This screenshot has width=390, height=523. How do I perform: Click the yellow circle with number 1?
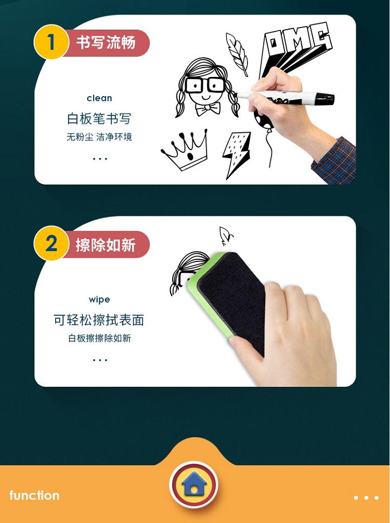point(51,42)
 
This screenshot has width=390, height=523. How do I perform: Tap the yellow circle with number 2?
point(51,243)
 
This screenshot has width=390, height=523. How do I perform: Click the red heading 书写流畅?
point(106,43)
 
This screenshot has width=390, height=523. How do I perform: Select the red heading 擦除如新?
point(106,245)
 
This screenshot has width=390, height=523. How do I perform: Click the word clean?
point(99,98)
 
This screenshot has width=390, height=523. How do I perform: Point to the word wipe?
point(99,299)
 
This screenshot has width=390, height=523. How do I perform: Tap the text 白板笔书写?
point(99,119)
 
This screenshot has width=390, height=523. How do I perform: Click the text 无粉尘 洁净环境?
point(99,137)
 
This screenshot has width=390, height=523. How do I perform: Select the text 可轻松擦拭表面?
point(99,320)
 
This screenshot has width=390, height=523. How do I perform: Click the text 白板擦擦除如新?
point(99,338)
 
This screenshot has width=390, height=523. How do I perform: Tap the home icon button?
point(194,485)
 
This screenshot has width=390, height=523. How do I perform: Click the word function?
point(34,495)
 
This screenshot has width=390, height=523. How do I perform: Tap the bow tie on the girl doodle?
point(208,109)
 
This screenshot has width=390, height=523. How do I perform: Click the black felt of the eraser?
point(233,300)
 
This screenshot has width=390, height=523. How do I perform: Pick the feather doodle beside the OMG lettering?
point(237,54)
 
